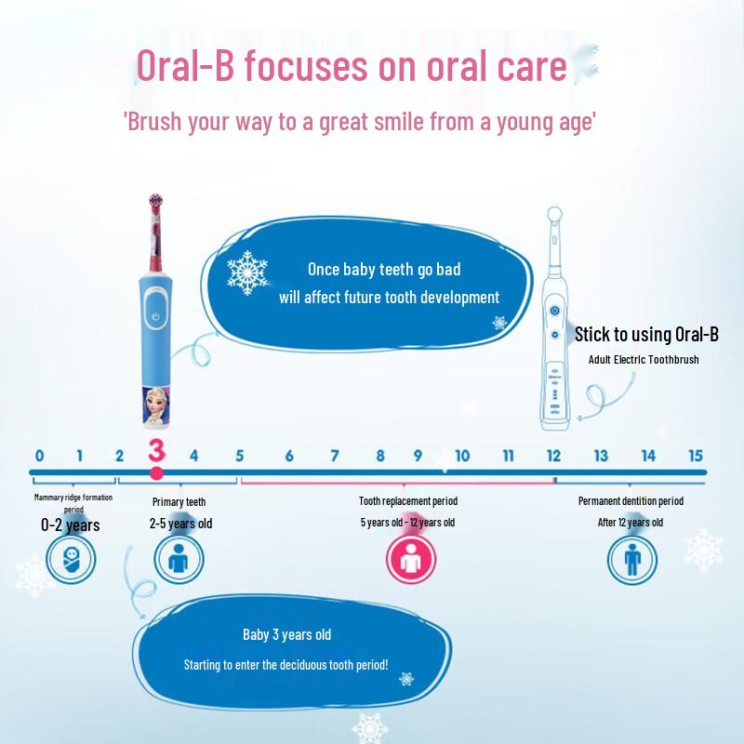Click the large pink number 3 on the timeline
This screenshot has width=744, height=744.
pos(156,451)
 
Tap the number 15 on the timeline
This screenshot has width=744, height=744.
pos(695,456)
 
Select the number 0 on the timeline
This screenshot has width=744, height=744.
pos(39,456)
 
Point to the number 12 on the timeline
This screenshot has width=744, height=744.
pos(553,456)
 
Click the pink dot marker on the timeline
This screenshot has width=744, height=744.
pos(156,473)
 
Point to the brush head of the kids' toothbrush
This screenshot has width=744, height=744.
pos(154,208)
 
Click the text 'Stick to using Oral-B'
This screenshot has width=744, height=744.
pos(645,335)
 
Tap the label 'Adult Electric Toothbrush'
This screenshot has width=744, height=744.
pos(644,359)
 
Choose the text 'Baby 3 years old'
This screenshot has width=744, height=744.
pos(286,634)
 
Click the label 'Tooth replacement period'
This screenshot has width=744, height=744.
pos(408,501)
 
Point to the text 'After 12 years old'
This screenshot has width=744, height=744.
pos(631,523)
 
